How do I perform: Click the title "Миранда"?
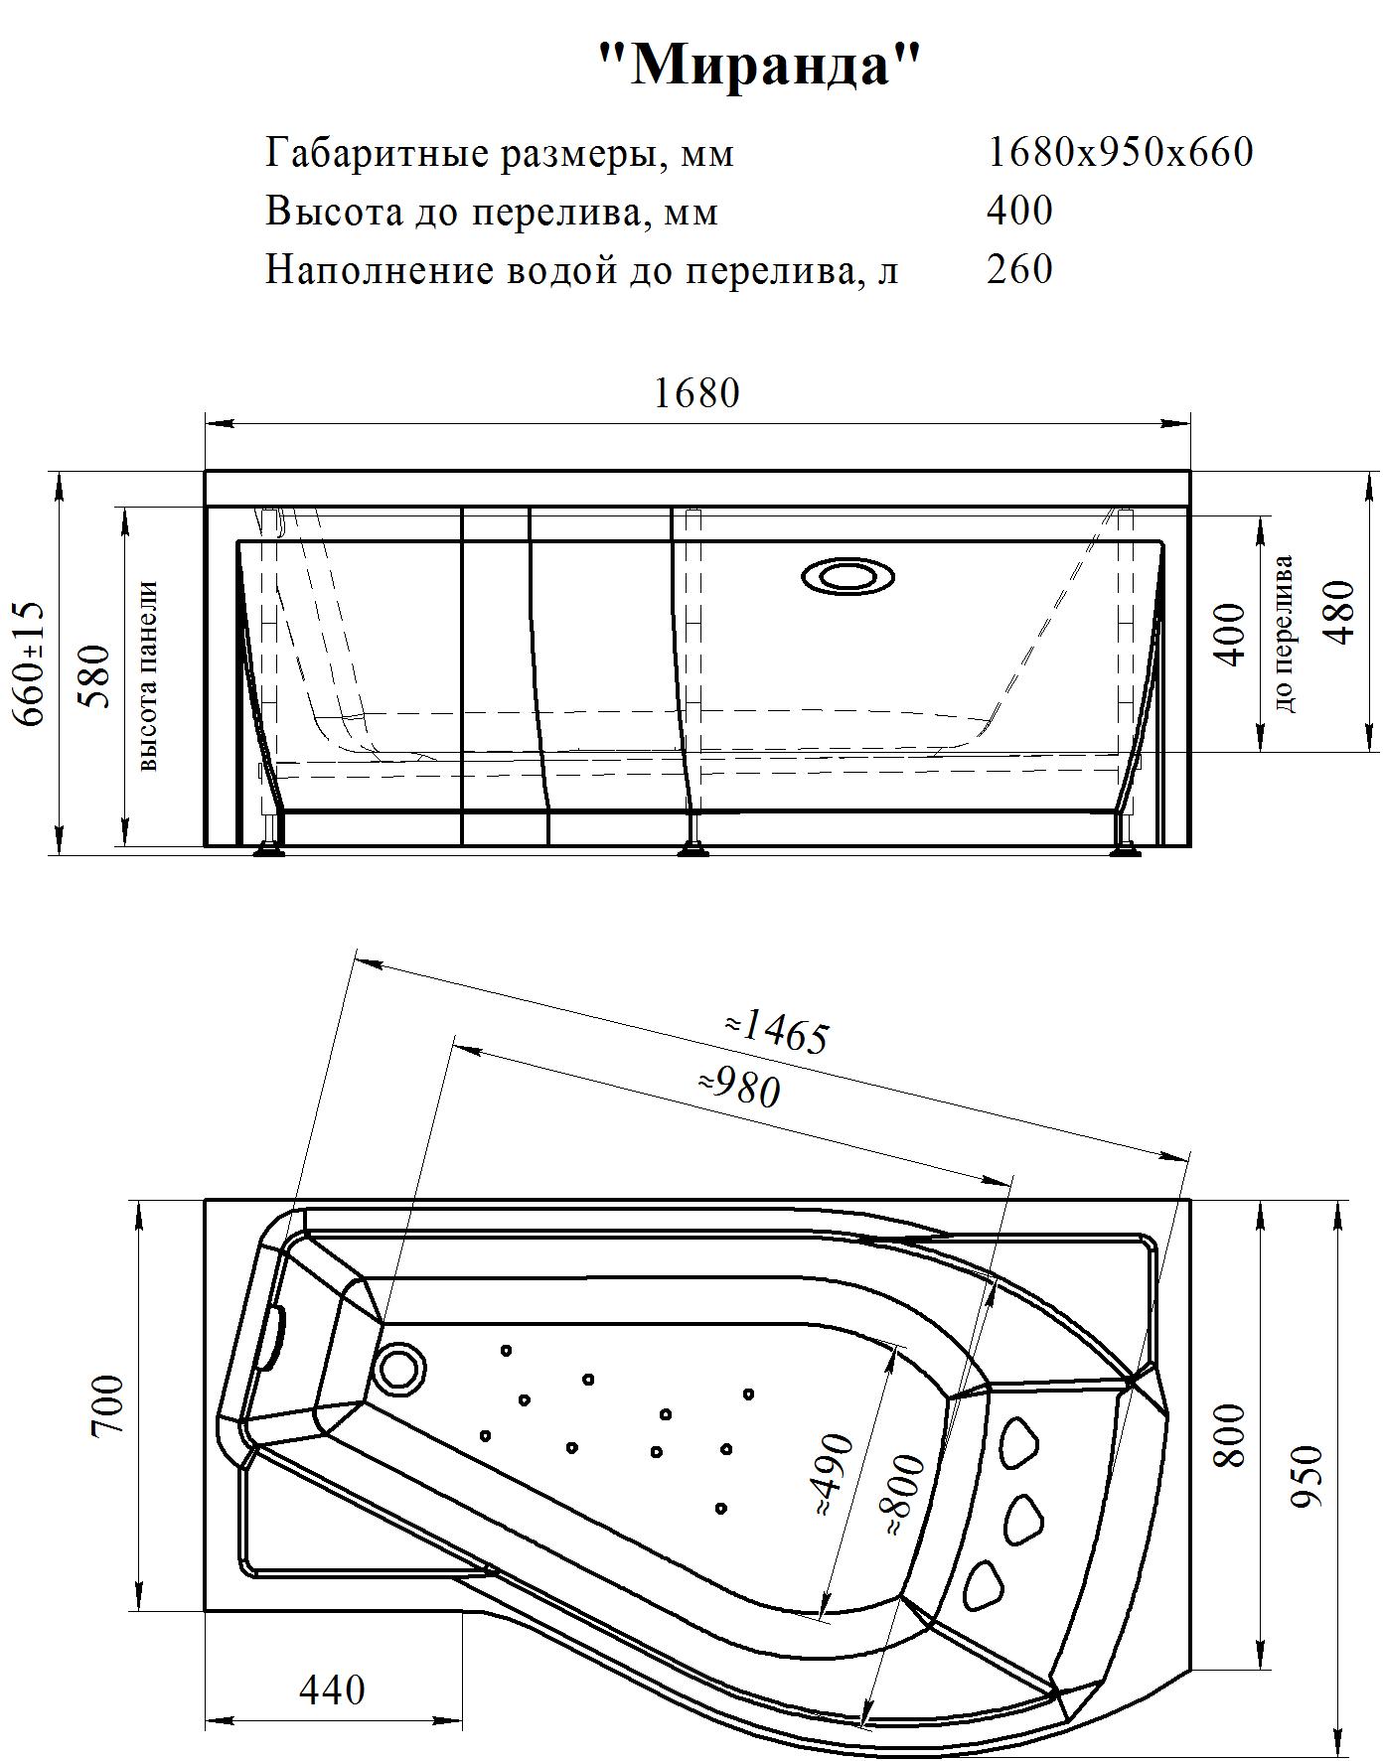pos(760,67)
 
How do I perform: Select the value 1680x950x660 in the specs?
pos(1120,152)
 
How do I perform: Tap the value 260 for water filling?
pos(1019,269)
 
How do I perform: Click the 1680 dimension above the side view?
pos(696,393)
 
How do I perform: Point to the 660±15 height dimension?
pos(31,663)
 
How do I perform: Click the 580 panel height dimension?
pos(96,675)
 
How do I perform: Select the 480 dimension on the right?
pos(1340,612)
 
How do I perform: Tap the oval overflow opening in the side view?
pos(847,576)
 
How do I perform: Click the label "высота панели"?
pos(148,677)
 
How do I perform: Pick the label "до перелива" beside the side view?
pos(1285,634)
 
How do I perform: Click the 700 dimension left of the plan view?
pos(106,1405)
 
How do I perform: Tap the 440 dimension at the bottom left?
pos(332,1688)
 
